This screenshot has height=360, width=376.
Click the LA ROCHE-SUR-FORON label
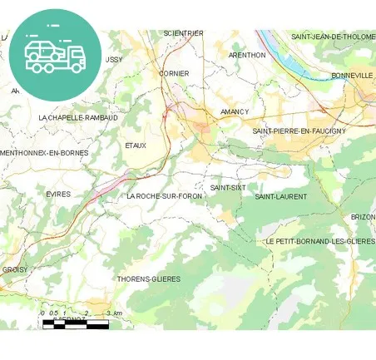165,196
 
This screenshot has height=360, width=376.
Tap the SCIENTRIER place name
183,33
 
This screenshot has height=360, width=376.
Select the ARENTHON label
247,55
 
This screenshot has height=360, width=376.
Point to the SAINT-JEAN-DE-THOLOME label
333,37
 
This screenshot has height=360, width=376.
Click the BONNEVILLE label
352,75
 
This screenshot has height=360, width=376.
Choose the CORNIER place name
174,73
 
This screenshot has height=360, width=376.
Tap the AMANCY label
235,111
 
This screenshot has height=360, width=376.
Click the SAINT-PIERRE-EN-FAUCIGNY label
299,131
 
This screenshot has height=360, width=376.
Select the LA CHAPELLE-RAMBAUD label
78,118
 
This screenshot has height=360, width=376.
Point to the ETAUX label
136,145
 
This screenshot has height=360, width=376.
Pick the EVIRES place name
58,194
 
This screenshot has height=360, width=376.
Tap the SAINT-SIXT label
228,188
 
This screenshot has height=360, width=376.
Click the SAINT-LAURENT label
280,197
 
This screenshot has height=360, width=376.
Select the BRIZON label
363,217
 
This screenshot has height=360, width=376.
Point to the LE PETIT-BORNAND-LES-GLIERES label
320,240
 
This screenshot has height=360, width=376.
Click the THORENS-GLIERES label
149,279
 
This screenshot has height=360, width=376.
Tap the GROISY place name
14,269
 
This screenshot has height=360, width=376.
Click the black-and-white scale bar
75,323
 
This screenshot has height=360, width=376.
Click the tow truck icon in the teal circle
56,55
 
